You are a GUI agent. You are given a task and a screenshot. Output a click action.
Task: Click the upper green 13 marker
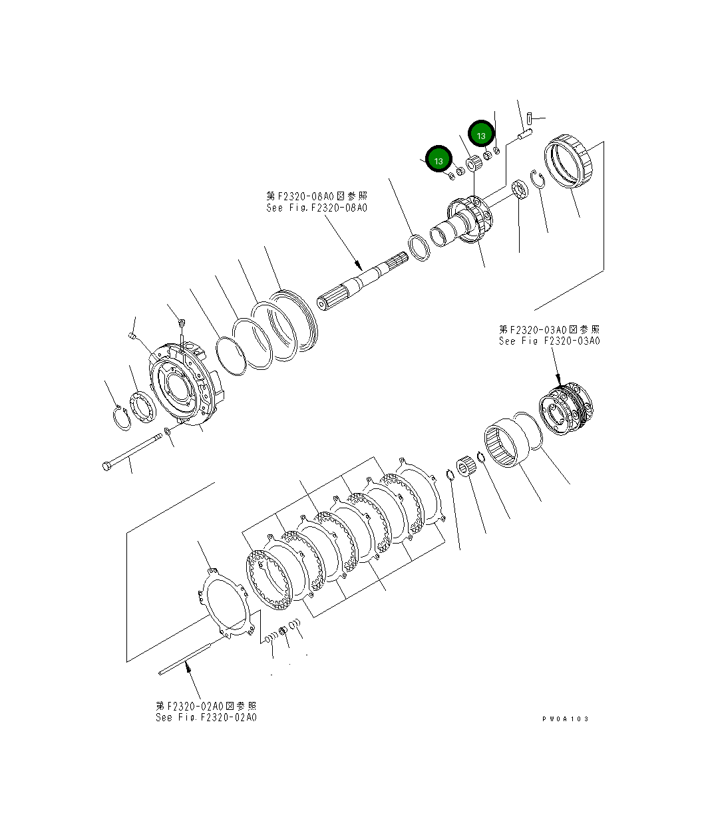pyautogui.click(x=481, y=134)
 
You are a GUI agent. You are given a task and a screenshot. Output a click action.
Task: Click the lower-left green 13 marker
pyautogui.click(x=439, y=160)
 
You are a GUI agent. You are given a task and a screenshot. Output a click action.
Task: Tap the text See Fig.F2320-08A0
pyautogui.click(x=316, y=208)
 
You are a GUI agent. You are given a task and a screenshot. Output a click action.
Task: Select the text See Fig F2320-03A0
pyautogui.click(x=549, y=341)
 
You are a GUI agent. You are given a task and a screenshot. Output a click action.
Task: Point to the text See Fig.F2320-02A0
pyautogui.click(x=206, y=717)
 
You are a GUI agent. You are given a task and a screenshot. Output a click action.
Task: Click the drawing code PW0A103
pyautogui.click(x=565, y=719)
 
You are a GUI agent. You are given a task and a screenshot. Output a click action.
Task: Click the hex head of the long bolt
pyautogui.click(x=108, y=466)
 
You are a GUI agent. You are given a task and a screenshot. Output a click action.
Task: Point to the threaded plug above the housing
pyautogui.click(x=181, y=324)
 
